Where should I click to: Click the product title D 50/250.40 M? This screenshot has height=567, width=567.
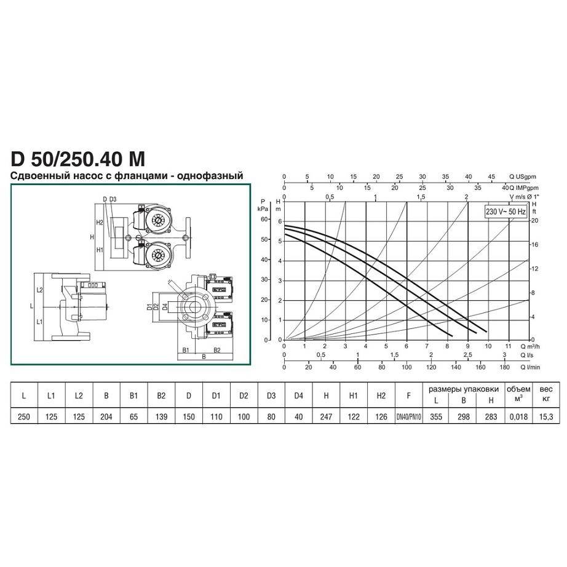point(78,159)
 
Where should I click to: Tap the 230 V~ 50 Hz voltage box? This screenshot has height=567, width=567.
point(506,212)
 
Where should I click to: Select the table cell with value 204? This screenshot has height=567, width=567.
point(106,416)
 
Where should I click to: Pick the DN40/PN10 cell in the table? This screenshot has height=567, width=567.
point(408,416)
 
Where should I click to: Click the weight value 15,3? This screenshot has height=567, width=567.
point(546,416)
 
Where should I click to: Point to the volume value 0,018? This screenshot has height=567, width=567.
point(518,416)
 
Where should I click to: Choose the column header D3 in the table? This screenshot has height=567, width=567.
point(271,396)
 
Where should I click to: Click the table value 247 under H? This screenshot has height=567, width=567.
point(326,416)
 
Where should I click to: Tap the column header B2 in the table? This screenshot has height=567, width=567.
point(161,396)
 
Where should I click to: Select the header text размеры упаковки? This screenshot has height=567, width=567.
point(464,389)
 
